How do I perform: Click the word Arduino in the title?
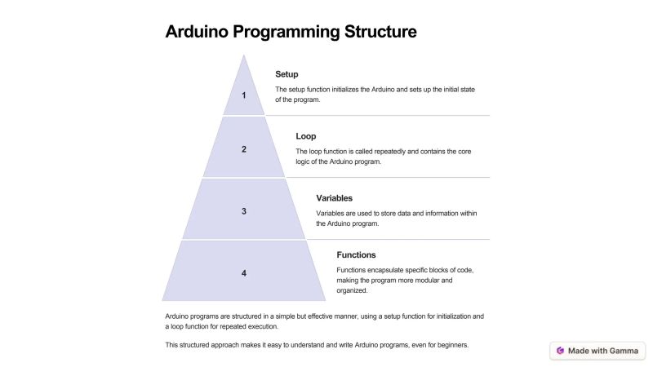coord(202,32)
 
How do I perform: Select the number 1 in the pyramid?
coord(243,95)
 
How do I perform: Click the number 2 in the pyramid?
coord(243,149)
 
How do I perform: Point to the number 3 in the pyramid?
coord(243,211)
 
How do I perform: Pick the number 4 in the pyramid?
coord(243,273)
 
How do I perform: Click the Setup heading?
coord(287,74)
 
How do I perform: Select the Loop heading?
coord(306,136)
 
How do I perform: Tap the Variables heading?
coord(334,198)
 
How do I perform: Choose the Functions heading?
coord(356,254)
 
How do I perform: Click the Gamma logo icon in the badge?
coord(560,351)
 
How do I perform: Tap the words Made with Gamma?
coord(603,351)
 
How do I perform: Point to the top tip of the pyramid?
coord(243,55)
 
